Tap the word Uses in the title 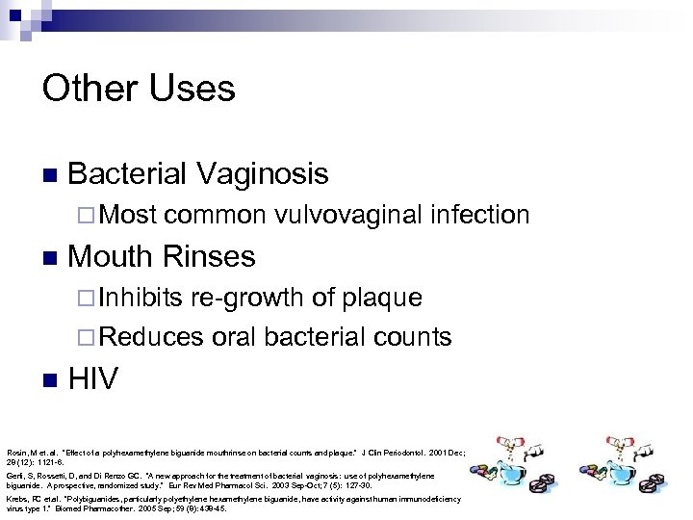pos(196,89)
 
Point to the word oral pos(234,337)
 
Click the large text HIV pos(93,378)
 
